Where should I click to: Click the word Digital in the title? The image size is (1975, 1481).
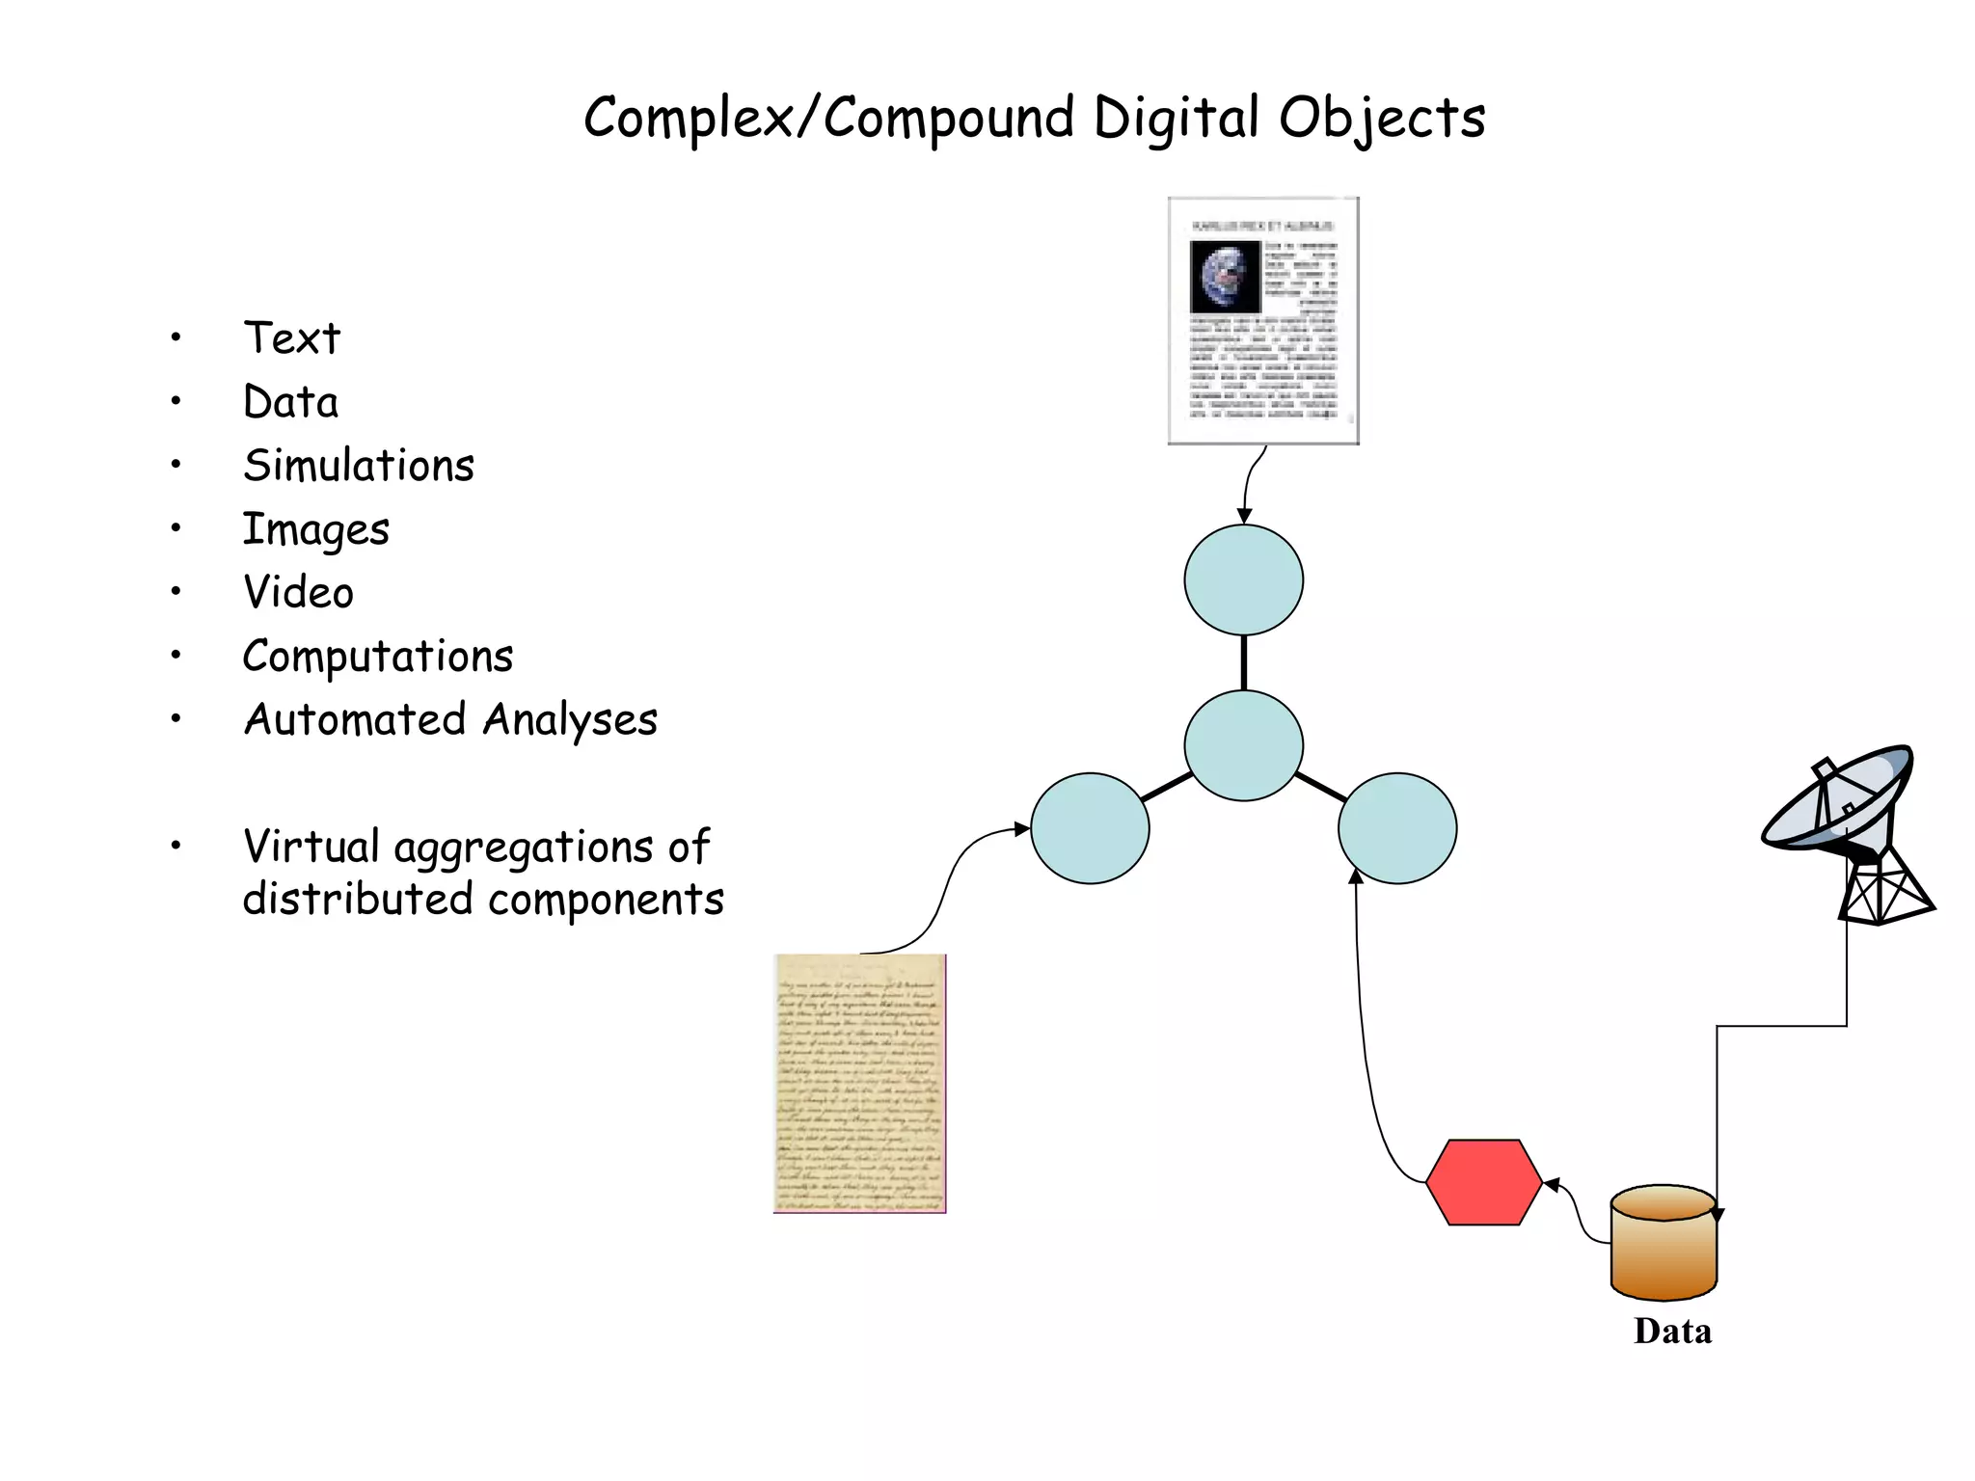[1176, 118]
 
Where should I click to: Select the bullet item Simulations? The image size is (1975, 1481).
[359, 466]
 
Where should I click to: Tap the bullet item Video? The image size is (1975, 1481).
[298, 592]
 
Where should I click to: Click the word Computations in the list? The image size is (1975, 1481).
[377, 657]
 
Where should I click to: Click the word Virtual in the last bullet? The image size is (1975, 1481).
[311, 847]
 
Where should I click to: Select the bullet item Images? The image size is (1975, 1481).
[315, 529]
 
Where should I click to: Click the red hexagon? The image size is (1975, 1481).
[1483, 1182]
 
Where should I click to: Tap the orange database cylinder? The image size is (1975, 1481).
[1664, 1244]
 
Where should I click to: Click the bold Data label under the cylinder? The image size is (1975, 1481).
[1672, 1332]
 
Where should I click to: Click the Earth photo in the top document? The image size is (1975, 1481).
[1225, 276]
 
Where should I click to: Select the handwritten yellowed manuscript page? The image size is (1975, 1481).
[859, 1083]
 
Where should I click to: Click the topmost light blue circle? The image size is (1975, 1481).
[1243, 580]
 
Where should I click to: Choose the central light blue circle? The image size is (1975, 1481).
[1243, 745]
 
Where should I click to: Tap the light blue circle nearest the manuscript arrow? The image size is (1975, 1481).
[1090, 828]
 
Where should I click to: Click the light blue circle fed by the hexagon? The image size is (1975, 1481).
[1397, 828]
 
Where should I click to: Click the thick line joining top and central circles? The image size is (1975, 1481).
[1244, 663]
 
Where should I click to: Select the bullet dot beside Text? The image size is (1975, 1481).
[176, 337]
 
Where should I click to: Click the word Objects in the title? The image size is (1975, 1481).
[1381, 118]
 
